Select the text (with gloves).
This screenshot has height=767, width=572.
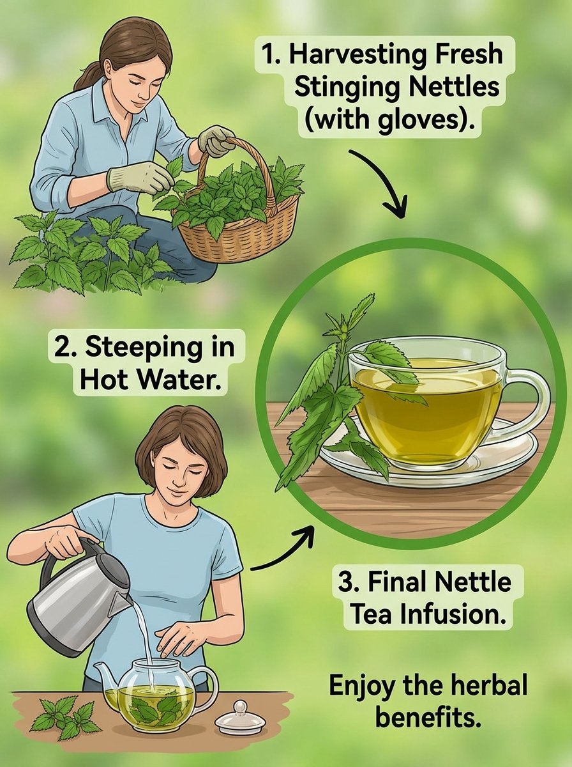pyautogui.click(x=389, y=121)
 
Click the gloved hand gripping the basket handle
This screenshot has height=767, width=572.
pyautogui.click(x=216, y=141)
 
